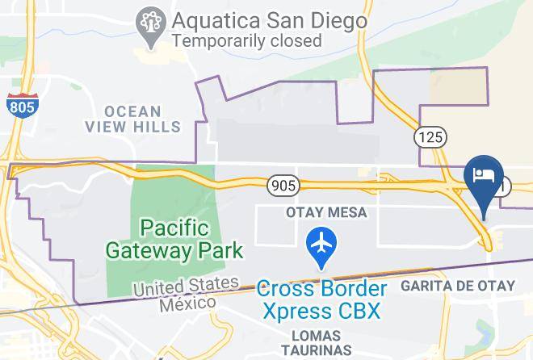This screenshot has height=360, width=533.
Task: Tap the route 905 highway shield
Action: click(x=283, y=186)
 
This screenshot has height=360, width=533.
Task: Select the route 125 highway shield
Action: click(x=430, y=137)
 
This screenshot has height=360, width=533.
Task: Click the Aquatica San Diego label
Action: click(x=269, y=19)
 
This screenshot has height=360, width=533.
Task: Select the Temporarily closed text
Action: click(x=246, y=40)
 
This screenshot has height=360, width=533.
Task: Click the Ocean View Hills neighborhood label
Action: click(x=133, y=119)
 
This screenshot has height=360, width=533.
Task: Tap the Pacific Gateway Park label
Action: click(x=174, y=239)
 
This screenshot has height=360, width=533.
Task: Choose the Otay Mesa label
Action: click(x=327, y=212)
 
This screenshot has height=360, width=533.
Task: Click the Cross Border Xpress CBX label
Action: click(x=321, y=299)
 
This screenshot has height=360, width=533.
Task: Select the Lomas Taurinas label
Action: click(x=317, y=341)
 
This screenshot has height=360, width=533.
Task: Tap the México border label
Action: click(x=187, y=304)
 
